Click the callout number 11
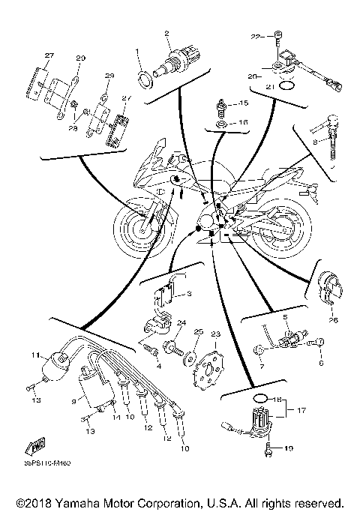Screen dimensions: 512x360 point(34,355)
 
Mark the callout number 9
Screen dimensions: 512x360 point(73,401)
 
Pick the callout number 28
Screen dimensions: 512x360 point(73,129)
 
